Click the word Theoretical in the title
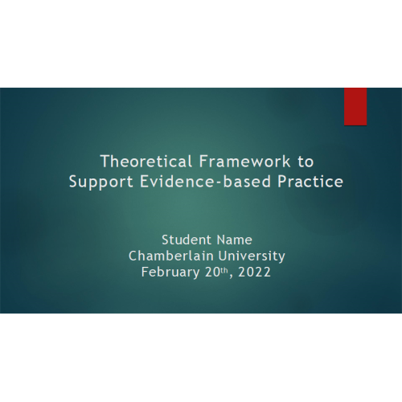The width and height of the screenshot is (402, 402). [x=146, y=162]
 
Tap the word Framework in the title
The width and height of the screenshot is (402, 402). [x=245, y=162]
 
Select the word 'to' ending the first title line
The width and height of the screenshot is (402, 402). [x=306, y=162]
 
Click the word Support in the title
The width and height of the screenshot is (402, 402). [x=101, y=183]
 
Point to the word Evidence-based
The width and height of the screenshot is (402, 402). [x=206, y=182]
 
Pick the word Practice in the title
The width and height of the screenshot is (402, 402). [x=310, y=182]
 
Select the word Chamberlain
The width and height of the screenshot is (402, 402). [x=170, y=256]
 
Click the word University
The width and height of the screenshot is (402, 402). [x=252, y=256]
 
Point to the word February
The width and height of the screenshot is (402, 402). [x=170, y=273]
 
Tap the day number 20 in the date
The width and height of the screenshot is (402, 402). [x=212, y=273]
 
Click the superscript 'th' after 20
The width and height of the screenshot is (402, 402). [x=224, y=270]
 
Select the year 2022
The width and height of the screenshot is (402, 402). [x=254, y=273]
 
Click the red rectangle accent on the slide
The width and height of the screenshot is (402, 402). [x=355, y=106]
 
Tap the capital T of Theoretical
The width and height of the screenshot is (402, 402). [x=105, y=162]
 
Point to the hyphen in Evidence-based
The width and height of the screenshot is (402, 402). [x=219, y=183]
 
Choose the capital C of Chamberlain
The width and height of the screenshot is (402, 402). [x=133, y=256]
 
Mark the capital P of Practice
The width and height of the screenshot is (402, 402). [x=282, y=182]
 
